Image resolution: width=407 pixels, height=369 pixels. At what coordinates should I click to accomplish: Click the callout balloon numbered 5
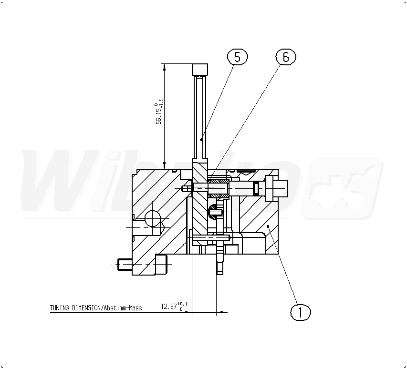(237, 57)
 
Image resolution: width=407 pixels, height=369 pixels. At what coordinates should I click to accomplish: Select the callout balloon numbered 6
(286, 57)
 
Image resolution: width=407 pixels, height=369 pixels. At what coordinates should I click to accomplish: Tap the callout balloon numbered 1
(300, 312)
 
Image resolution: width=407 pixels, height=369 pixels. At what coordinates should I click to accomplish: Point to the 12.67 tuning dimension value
(169, 307)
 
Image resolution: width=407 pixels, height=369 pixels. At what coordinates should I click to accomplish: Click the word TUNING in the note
(60, 308)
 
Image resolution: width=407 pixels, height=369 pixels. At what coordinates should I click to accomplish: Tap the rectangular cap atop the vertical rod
(200, 69)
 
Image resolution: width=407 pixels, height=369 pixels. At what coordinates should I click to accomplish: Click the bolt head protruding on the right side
(276, 188)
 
